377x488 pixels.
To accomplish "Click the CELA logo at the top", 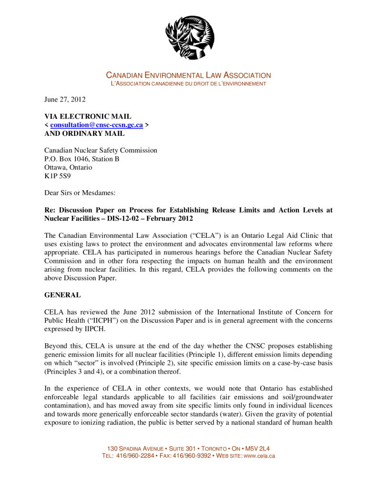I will (190, 37).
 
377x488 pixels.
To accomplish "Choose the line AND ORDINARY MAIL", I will (84, 133).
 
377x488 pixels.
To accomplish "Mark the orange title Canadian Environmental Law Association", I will (188, 75).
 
